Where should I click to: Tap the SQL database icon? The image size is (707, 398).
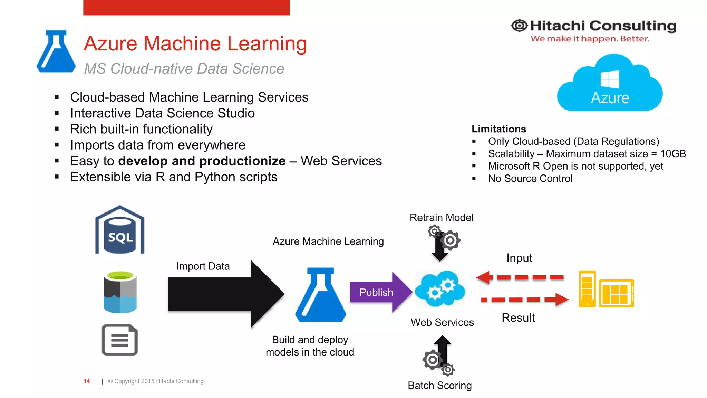point(120,230)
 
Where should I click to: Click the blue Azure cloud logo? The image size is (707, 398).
point(610,85)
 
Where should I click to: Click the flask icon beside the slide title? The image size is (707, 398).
point(56,52)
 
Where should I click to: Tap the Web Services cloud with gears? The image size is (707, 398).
point(440,289)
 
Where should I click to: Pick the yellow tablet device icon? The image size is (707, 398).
point(617,293)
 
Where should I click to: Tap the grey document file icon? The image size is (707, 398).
point(120,340)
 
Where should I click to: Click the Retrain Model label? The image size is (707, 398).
point(441,218)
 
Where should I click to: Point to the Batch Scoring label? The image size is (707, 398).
point(439,385)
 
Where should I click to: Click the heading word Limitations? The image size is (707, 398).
point(498,129)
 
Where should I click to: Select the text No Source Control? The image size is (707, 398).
point(530,179)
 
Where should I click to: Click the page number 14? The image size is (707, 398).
point(87,381)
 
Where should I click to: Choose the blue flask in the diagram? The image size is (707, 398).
point(320,295)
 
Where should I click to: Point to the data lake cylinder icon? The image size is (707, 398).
point(120,292)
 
